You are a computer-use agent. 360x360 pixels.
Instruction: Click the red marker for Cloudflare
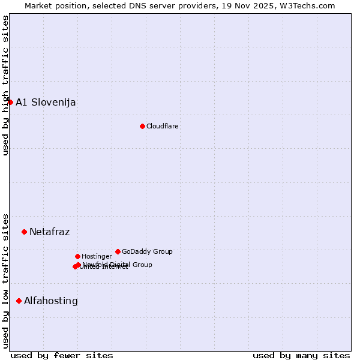pyautogui.click(x=142, y=126)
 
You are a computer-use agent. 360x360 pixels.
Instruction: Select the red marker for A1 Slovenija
pyautogui.click(x=10, y=102)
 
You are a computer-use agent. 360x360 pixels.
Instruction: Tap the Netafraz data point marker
pyautogui.click(x=24, y=232)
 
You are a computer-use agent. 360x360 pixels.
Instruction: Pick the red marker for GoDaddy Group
pyautogui.click(x=118, y=251)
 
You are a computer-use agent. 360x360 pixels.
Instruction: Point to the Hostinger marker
pyautogui.click(x=77, y=256)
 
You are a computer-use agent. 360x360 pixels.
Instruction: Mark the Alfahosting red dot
pyautogui.click(x=19, y=301)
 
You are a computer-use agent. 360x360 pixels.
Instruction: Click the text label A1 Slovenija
pyautogui.click(x=46, y=102)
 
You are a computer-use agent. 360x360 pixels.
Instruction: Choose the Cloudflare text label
pyautogui.click(x=163, y=126)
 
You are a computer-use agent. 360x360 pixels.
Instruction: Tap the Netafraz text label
pyautogui.click(x=49, y=232)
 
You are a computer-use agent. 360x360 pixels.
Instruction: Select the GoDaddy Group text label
pyautogui.click(x=147, y=251)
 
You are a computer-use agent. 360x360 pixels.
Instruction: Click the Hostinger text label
pyautogui.click(x=97, y=256)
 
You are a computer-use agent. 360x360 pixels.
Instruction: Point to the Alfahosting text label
pyautogui.click(x=51, y=301)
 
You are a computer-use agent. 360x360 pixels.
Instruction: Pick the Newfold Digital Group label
pyautogui.click(x=118, y=265)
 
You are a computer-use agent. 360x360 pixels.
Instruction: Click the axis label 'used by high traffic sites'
pyautogui.click(x=5, y=85)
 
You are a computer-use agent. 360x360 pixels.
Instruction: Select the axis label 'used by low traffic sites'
pyautogui.click(x=5, y=281)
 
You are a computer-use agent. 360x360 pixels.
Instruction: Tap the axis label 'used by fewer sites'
pyautogui.click(x=62, y=355)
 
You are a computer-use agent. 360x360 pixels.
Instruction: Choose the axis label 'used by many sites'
pyautogui.click(x=301, y=355)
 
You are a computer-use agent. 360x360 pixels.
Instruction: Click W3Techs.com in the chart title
pyautogui.click(x=307, y=5)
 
